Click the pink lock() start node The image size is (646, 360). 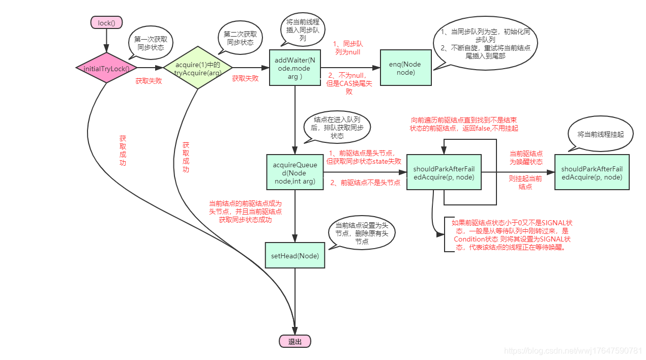point(107,23)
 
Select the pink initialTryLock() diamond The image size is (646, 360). point(107,68)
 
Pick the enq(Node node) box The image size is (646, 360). point(405,68)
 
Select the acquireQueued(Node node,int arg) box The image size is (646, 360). point(295,172)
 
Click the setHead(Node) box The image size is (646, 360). point(295,255)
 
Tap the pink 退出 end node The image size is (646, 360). point(295,342)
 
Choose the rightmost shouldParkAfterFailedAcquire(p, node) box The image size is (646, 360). point(592,172)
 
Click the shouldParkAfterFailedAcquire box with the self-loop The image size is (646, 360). point(444,172)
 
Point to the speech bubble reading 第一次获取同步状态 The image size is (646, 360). point(151,42)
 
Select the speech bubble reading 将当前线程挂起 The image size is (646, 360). point(600,134)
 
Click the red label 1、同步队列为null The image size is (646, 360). point(347,48)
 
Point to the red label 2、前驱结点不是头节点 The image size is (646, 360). point(365,183)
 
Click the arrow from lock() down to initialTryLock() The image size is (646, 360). point(107,40)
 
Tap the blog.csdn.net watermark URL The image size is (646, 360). point(572,351)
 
